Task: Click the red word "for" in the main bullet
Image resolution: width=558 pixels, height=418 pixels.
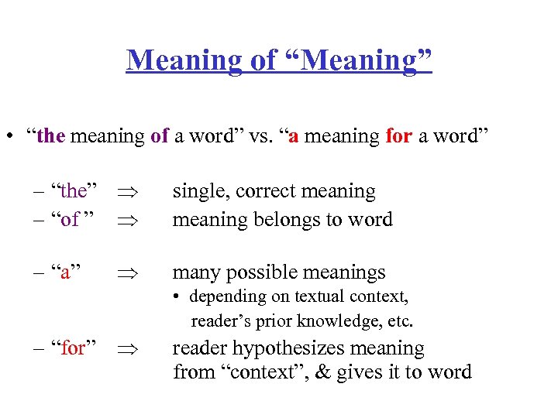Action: click(399, 136)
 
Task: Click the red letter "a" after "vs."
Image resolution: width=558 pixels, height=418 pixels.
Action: click(294, 137)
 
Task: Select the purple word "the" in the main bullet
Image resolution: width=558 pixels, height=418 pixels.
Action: click(51, 136)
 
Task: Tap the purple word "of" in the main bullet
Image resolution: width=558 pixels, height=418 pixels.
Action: click(160, 136)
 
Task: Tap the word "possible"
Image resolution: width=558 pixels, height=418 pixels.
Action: click(264, 272)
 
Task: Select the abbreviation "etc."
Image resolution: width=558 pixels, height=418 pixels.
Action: click(398, 320)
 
